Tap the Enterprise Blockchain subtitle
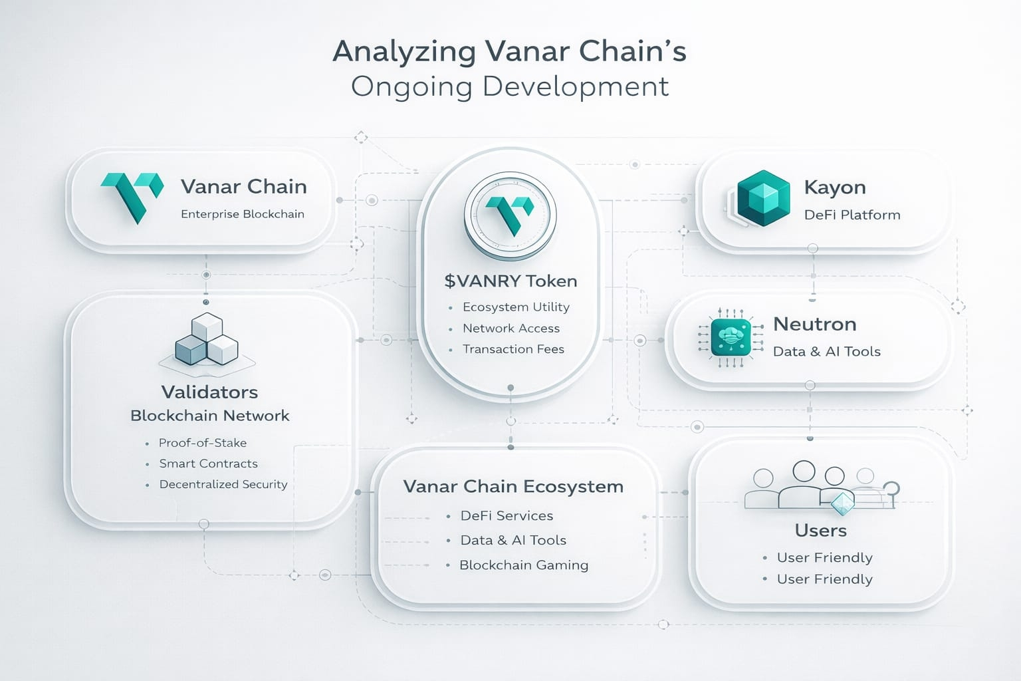pyautogui.click(x=242, y=214)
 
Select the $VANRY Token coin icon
pyautogui.click(x=510, y=215)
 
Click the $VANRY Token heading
pyautogui.click(x=510, y=281)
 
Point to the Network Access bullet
pyautogui.click(x=510, y=329)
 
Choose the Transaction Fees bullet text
pyautogui.click(x=513, y=349)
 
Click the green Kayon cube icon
pyautogui.click(x=763, y=198)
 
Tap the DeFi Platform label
pyautogui.click(x=851, y=215)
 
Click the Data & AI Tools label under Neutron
pyautogui.click(x=826, y=352)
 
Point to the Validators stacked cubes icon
pyautogui.click(x=207, y=340)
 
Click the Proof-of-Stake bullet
pyautogui.click(x=202, y=443)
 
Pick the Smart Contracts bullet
pyautogui.click(x=208, y=464)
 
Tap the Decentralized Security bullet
pyautogui.click(x=223, y=484)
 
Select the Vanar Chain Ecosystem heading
pyautogui.click(x=513, y=487)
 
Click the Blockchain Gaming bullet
pyautogui.click(x=523, y=565)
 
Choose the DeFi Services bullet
pyautogui.click(x=507, y=516)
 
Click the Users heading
pyautogui.click(x=821, y=531)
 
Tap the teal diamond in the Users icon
pyautogui.click(x=843, y=503)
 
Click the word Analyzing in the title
pyautogui.click(x=404, y=52)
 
